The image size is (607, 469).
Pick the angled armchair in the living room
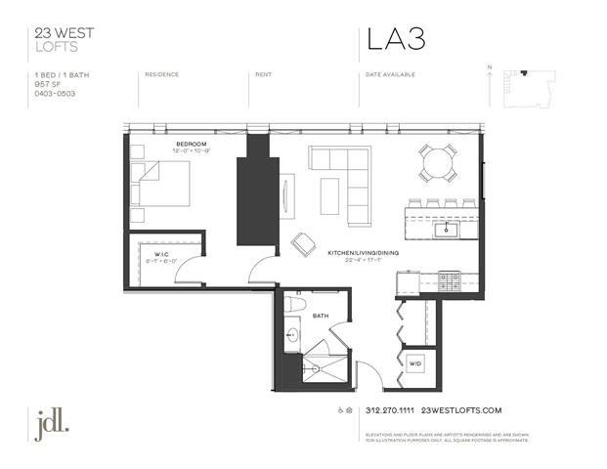point(303,244)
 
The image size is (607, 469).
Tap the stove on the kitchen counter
point(449,281)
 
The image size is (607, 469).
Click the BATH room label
point(321,316)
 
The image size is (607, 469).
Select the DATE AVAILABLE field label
point(390,74)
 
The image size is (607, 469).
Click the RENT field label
point(263,74)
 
